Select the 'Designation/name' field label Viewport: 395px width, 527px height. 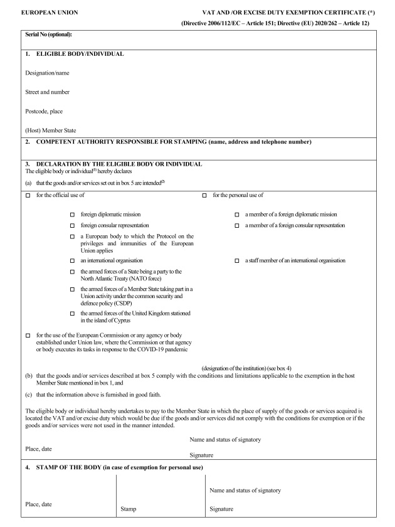(47, 73)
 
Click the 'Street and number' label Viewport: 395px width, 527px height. (48, 92)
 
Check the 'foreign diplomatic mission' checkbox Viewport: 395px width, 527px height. (73, 215)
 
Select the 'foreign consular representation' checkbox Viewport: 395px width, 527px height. (73, 225)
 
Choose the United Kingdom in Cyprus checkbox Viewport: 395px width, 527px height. (73, 313)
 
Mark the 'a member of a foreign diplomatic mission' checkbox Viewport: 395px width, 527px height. (237, 215)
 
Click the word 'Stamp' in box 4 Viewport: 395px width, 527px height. (129, 509)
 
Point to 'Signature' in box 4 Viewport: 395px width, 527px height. (222, 509)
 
